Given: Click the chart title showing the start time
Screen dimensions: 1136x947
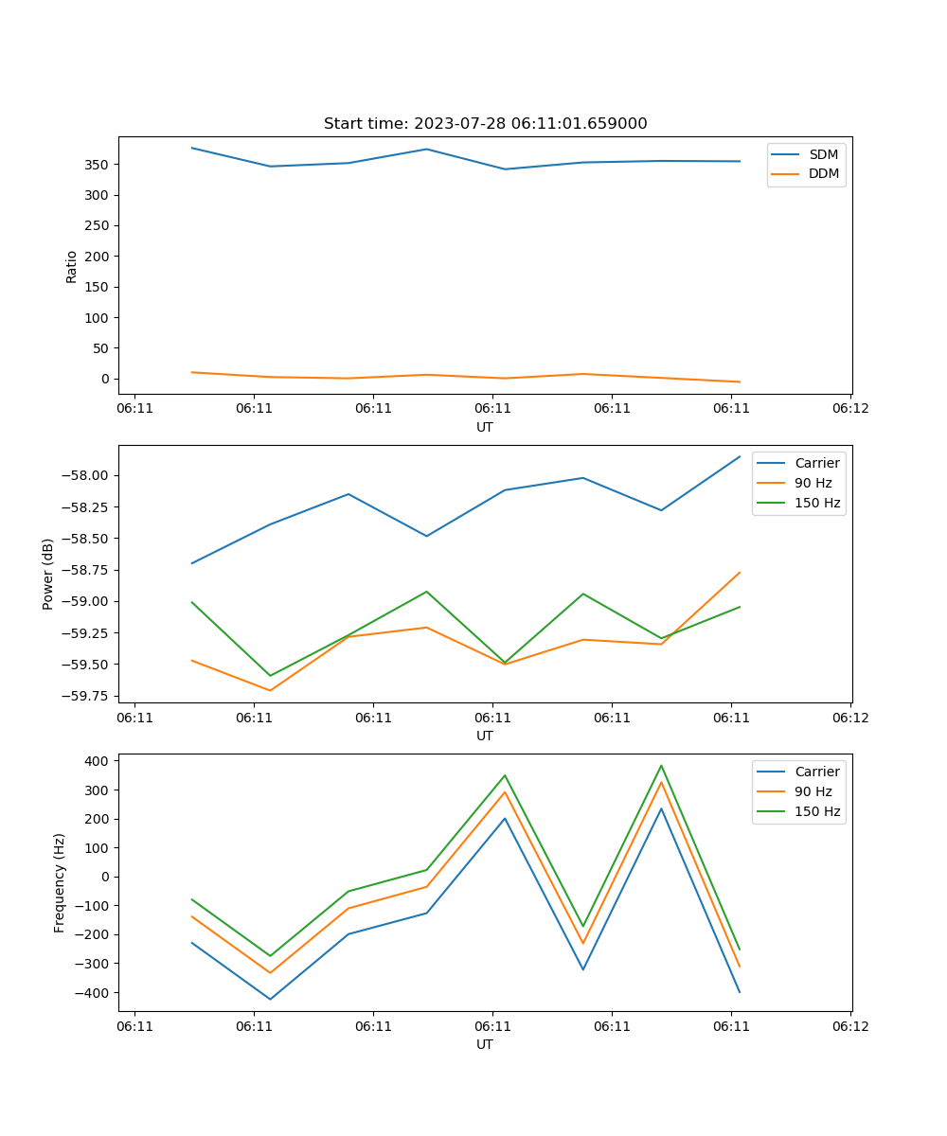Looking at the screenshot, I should [x=485, y=124].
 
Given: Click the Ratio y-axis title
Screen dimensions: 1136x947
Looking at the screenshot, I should [x=72, y=266].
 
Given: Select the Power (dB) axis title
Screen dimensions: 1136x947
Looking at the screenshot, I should [x=48, y=574].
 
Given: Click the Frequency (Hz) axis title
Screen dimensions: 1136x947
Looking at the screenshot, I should [x=60, y=882].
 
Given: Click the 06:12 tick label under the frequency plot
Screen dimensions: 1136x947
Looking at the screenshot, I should [x=849, y=1026].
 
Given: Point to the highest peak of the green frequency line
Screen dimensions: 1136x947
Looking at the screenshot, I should [x=661, y=766].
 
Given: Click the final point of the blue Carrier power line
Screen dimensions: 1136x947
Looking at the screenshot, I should [x=740, y=456].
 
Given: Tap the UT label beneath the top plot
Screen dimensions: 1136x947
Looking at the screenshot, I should [x=485, y=427].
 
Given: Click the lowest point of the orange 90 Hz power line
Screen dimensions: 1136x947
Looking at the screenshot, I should [x=270, y=690].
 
